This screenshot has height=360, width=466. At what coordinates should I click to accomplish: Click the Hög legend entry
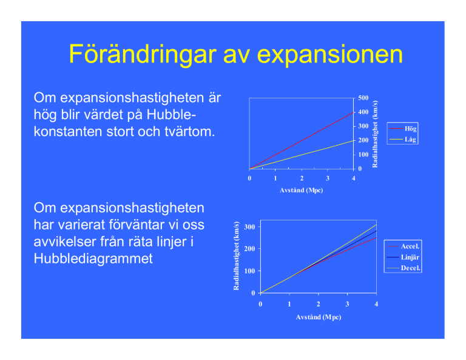403,129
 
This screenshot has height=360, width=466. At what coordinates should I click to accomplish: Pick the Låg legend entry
403,139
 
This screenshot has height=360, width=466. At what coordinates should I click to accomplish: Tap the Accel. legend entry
403,246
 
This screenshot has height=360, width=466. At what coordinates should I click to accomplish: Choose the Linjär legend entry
403,257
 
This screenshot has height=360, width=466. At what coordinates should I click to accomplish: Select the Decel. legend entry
404,268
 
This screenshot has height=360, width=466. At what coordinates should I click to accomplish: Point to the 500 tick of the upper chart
363,98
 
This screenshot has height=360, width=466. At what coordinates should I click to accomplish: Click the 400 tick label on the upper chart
363,112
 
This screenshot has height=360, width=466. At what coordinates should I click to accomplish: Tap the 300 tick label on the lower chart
249,227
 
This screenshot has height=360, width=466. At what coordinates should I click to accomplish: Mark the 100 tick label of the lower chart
249,271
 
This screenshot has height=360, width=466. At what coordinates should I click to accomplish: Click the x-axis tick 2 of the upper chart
302,178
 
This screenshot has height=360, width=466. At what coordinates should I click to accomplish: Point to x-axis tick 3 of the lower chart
347,304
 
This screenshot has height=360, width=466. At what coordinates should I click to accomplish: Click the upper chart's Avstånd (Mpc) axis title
301,190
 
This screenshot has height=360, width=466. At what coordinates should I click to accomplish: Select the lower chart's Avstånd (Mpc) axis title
319,317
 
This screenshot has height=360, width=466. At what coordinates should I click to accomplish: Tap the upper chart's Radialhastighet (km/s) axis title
375,134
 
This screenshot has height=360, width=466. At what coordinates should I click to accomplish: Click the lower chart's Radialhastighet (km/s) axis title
236,256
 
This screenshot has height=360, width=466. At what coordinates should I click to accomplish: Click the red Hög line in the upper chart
302,141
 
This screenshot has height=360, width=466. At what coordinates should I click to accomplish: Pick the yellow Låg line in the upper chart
302,155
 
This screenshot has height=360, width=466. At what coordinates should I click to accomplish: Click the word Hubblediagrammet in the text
93,259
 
